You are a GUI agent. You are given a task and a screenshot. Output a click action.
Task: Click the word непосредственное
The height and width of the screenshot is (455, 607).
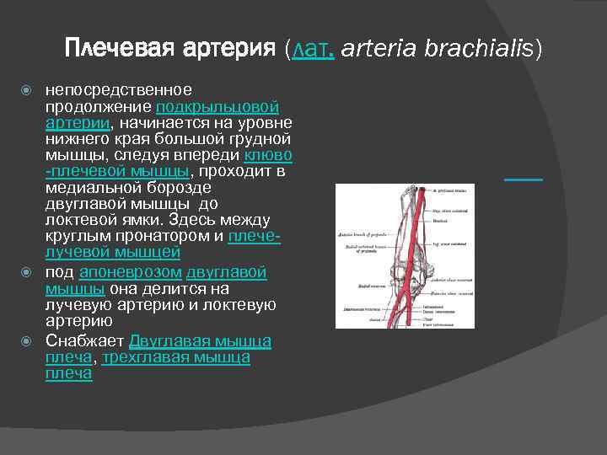[x=118, y=90]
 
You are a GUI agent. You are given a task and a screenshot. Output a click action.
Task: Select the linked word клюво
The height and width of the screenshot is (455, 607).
[x=268, y=156]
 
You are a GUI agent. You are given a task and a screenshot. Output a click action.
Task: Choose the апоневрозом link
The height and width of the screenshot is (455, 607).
[x=130, y=273]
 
